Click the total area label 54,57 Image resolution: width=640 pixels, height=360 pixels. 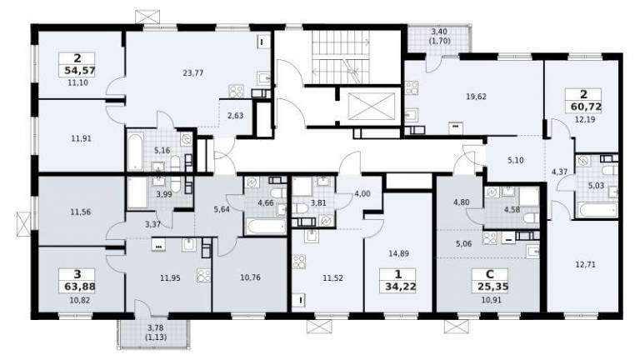[80, 71]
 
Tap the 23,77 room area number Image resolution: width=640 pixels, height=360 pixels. [193, 73]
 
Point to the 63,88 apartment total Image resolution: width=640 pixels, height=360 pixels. [80, 287]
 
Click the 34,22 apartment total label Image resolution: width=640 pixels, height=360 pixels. [400, 287]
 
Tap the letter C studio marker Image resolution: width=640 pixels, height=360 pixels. [490, 275]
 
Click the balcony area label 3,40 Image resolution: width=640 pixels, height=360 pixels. [439, 31]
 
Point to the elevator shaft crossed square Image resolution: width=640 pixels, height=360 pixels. [372, 107]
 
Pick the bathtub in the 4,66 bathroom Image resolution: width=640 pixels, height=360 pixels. [266, 227]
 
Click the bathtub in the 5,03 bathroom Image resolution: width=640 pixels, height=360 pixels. [598, 211]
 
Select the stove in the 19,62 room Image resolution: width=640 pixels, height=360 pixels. [411, 87]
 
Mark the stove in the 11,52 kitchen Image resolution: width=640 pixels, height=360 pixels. [300, 262]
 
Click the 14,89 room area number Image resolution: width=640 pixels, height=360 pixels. [399, 254]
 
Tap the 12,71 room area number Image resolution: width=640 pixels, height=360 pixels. [585, 265]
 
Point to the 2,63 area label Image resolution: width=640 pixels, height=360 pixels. [236, 116]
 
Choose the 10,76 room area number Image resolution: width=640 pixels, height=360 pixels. [250, 278]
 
